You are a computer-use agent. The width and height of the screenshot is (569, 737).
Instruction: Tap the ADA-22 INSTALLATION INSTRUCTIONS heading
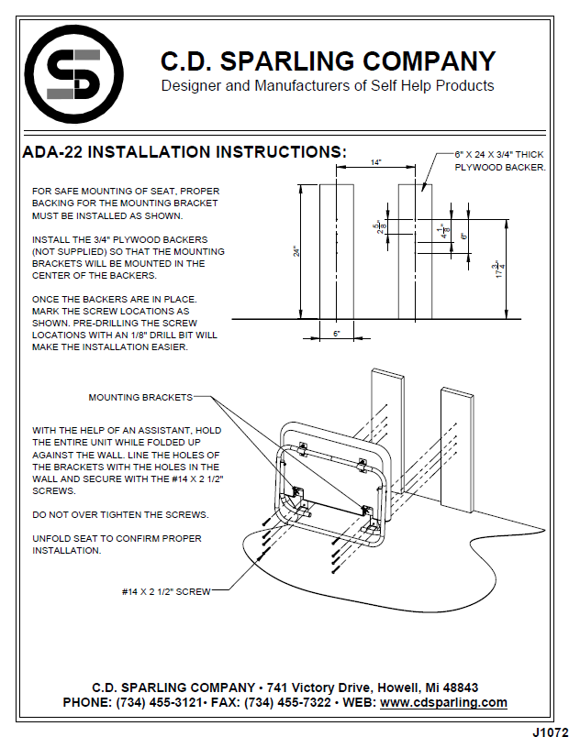tap(184, 152)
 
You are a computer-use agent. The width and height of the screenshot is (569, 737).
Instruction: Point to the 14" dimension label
tap(376, 162)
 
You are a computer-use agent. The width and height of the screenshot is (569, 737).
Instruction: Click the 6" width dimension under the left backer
tap(337, 334)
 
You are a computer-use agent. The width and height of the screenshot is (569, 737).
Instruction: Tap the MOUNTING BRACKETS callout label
tap(140, 397)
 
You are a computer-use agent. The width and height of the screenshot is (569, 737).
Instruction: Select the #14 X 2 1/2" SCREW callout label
tap(166, 591)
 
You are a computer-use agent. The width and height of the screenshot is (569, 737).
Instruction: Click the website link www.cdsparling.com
tap(443, 702)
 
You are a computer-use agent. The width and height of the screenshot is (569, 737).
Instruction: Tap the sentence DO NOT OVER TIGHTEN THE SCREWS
tap(120, 513)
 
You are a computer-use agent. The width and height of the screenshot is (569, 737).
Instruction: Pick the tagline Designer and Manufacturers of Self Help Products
tap(328, 86)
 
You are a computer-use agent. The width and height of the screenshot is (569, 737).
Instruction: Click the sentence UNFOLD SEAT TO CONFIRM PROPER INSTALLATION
tap(117, 544)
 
